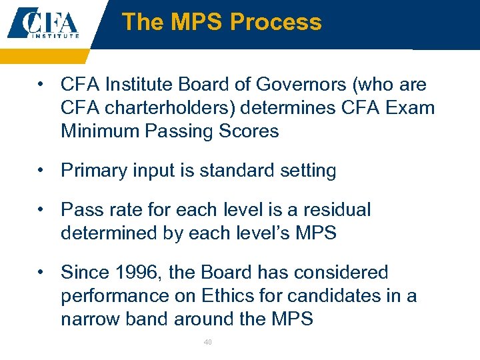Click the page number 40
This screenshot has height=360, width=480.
coord(207,342)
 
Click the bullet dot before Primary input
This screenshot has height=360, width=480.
coord(42,171)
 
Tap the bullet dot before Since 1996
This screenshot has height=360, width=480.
coord(42,272)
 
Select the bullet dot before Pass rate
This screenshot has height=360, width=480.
coord(42,209)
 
